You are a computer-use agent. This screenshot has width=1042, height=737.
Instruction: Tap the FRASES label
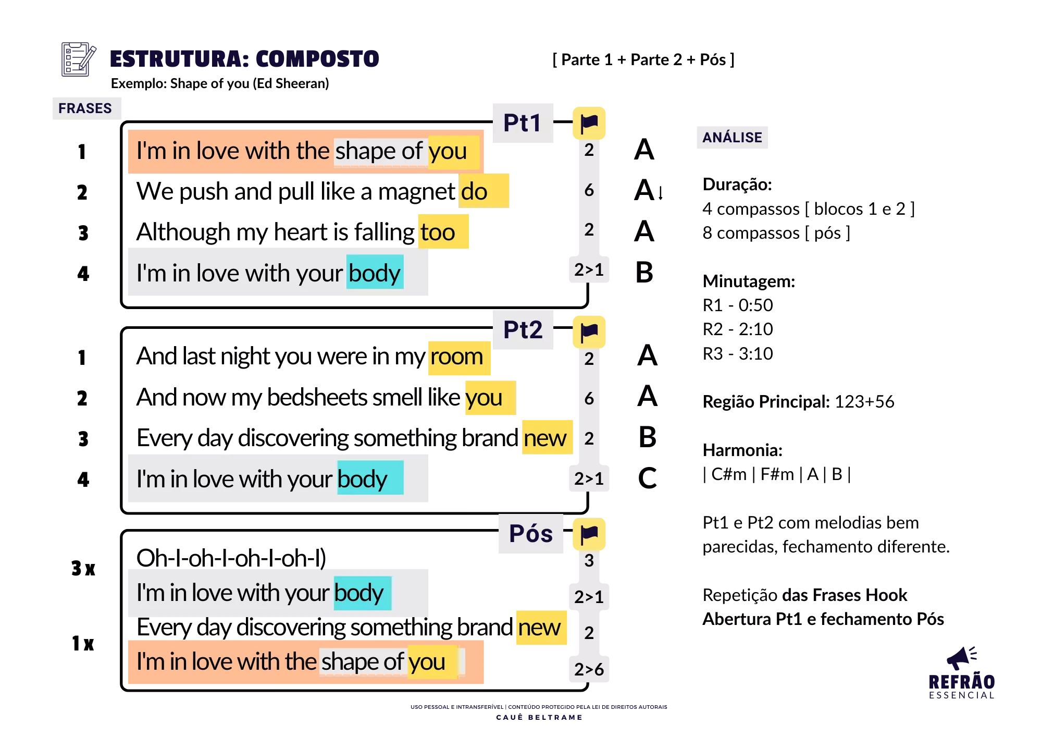(85, 108)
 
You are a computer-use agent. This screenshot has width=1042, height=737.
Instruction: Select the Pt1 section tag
(523, 123)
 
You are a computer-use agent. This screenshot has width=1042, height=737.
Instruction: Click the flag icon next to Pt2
(589, 332)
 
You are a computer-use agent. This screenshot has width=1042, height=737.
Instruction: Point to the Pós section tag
(531, 534)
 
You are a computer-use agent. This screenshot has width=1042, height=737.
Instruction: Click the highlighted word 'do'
(475, 191)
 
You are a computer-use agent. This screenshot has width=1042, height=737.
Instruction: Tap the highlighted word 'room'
(457, 357)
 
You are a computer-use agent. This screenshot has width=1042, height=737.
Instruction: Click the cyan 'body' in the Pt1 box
(375, 273)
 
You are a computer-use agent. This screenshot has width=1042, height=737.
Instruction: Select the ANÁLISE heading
(732, 138)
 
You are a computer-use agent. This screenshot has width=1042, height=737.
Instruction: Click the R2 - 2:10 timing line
(738, 329)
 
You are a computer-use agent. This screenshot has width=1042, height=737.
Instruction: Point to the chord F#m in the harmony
(777, 474)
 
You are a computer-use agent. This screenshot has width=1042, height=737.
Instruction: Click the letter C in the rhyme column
(648, 478)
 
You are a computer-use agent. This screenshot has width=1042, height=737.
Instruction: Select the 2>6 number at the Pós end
(589, 669)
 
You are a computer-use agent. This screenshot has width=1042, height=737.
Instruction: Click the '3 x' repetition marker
(83, 568)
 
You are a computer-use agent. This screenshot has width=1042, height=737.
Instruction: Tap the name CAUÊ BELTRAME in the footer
(539, 718)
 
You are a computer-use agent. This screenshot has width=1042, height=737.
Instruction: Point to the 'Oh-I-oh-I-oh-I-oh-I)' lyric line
(231, 558)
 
